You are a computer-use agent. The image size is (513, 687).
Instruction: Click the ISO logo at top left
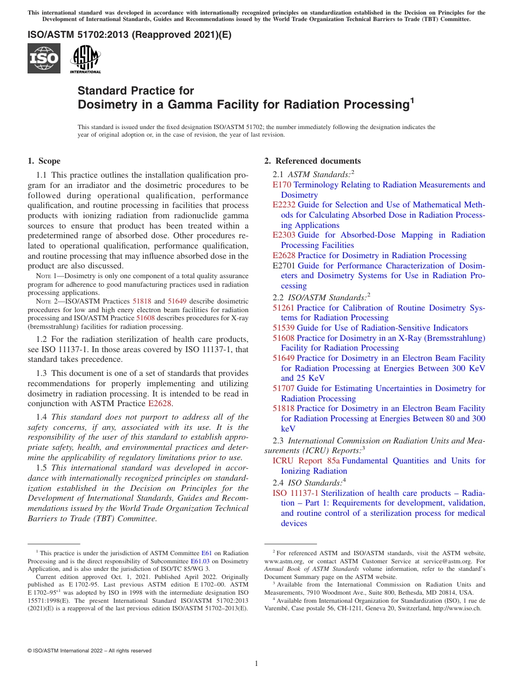click(44, 58)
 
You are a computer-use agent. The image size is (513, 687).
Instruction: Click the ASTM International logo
click(85, 59)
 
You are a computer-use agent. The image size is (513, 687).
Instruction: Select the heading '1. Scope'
click(44, 161)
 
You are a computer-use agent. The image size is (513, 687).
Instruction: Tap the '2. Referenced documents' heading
click(312, 161)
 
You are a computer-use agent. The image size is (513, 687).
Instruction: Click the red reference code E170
click(282, 185)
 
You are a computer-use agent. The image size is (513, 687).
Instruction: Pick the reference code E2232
click(284, 205)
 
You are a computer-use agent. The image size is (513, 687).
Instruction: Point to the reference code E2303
click(284, 235)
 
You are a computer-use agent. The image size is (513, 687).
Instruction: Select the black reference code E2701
click(284, 266)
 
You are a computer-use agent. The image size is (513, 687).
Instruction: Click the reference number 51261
click(283, 308)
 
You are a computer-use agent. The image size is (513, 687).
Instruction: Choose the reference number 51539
click(283, 328)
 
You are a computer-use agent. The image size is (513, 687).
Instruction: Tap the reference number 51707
click(283, 388)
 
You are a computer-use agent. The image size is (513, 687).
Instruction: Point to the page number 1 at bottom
click(256, 663)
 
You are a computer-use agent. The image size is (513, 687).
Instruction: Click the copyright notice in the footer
click(89, 651)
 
